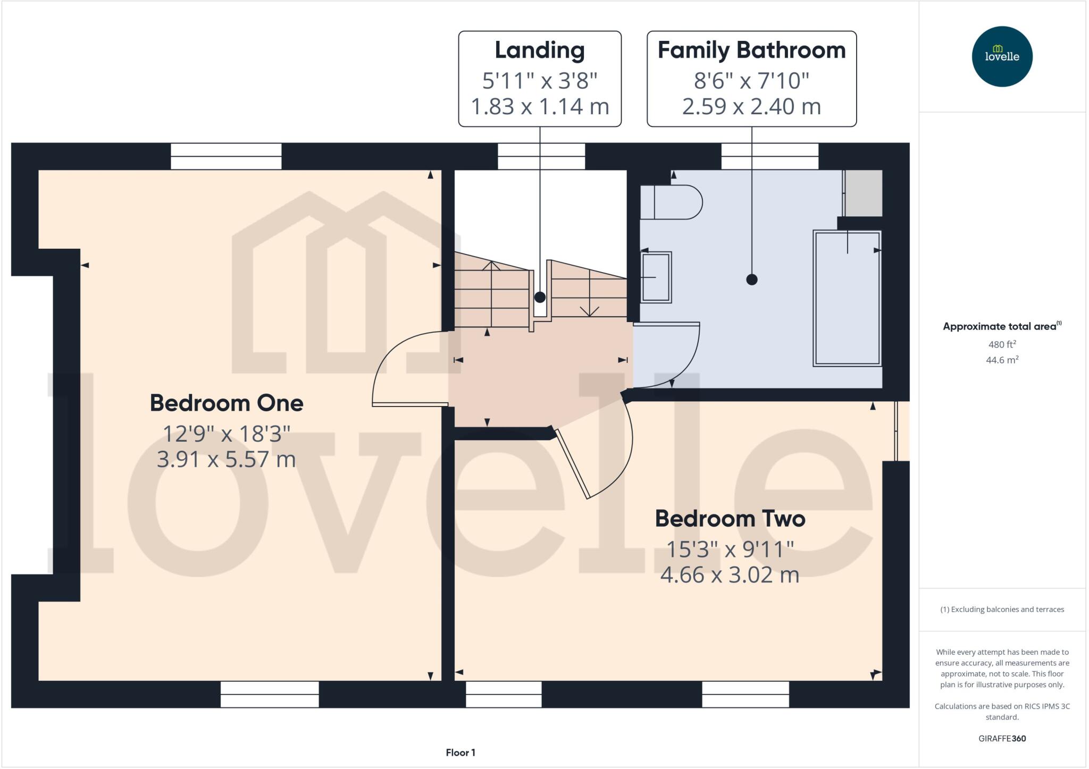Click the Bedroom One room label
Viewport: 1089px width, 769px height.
click(x=227, y=403)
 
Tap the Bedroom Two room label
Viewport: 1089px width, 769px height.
click(x=730, y=519)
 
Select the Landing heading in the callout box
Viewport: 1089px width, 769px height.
click(x=539, y=50)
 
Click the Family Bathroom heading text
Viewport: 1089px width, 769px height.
click(x=751, y=50)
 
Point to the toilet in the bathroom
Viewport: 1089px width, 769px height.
click(x=671, y=202)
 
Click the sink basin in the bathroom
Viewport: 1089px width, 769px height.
click(x=656, y=277)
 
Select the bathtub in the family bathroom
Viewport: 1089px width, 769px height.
click(x=847, y=298)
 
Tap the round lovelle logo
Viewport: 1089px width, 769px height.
click(x=1002, y=56)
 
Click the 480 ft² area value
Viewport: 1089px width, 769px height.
click(x=1002, y=344)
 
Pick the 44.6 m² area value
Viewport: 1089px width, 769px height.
click(x=1002, y=360)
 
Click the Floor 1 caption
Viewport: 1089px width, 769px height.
click(x=460, y=753)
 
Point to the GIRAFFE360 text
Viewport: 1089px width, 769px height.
click(x=1002, y=738)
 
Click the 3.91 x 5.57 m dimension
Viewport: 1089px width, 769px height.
click(x=227, y=459)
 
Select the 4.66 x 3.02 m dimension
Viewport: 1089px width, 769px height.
click(x=730, y=575)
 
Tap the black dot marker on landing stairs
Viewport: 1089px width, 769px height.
click(x=540, y=297)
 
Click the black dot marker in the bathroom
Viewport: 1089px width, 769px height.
click(x=751, y=280)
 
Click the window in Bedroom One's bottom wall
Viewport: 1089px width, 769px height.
click(x=270, y=694)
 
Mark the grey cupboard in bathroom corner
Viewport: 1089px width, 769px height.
click(x=864, y=192)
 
